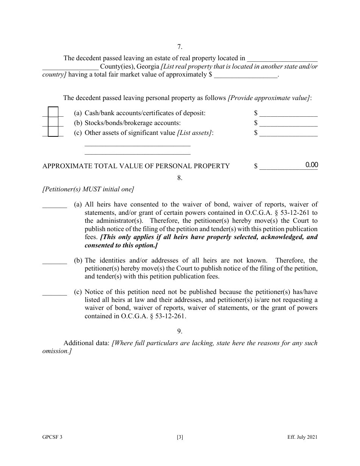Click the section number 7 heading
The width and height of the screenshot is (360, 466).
(x=180, y=47)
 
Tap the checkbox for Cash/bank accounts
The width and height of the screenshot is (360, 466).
(x=53, y=112)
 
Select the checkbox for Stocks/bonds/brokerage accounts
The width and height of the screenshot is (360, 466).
(x=53, y=122)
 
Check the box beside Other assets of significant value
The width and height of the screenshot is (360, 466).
(x=53, y=131)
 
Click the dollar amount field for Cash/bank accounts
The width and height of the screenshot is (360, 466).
(x=288, y=113)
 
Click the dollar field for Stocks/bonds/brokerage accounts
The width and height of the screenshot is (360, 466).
(x=288, y=123)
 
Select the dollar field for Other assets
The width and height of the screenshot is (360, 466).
(x=288, y=133)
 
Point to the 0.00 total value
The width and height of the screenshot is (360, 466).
(x=311, y=165)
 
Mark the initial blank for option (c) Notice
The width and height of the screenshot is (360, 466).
(x=55, y=292)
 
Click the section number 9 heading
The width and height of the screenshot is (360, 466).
(x=180, y=332)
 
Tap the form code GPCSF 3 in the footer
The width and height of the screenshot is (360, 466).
(x=52, y=437)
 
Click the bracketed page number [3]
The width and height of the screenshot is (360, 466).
(x=180, y=437)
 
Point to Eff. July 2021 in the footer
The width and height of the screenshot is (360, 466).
(x=302, y=437)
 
